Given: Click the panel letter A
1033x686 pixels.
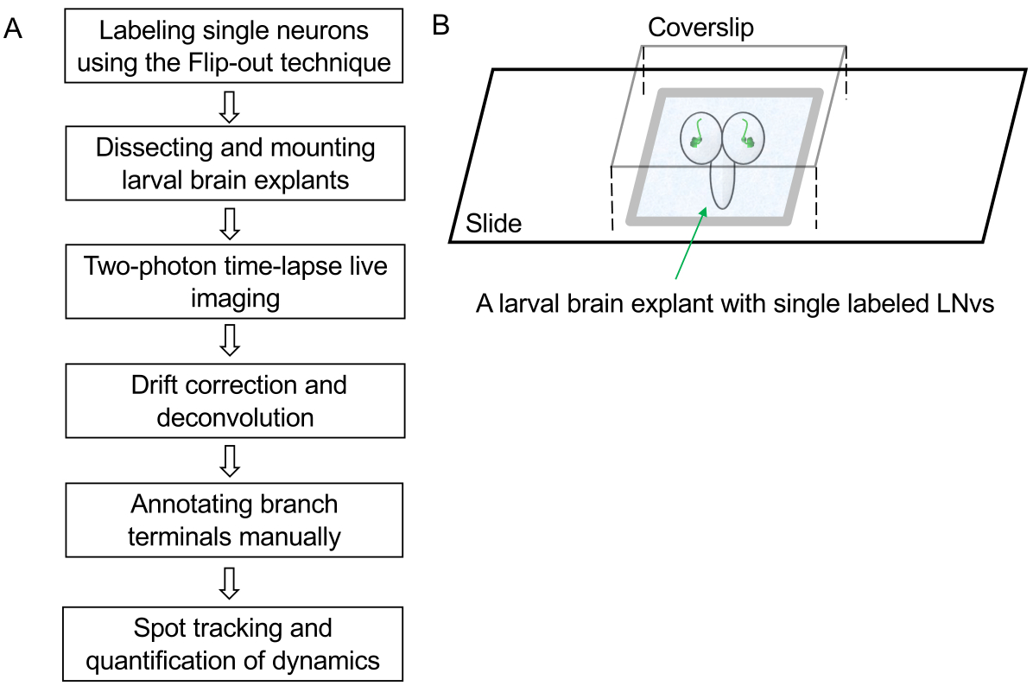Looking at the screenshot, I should pos(13,28).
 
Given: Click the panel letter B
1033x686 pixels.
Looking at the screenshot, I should pos(440,26).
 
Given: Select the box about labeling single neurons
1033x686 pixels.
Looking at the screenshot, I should pos(234,46).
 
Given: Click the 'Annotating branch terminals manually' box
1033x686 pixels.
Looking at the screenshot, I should pos(234,520).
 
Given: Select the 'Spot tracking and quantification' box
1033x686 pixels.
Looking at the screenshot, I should pos(234,644).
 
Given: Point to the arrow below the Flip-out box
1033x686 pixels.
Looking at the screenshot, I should pos(230,105).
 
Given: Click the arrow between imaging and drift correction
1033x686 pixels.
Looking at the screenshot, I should pos(230,340).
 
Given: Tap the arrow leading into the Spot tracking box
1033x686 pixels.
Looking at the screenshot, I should pos(230,582).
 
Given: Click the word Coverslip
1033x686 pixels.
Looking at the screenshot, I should pos(700,28).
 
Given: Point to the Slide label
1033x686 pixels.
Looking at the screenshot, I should pos(494,224).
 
